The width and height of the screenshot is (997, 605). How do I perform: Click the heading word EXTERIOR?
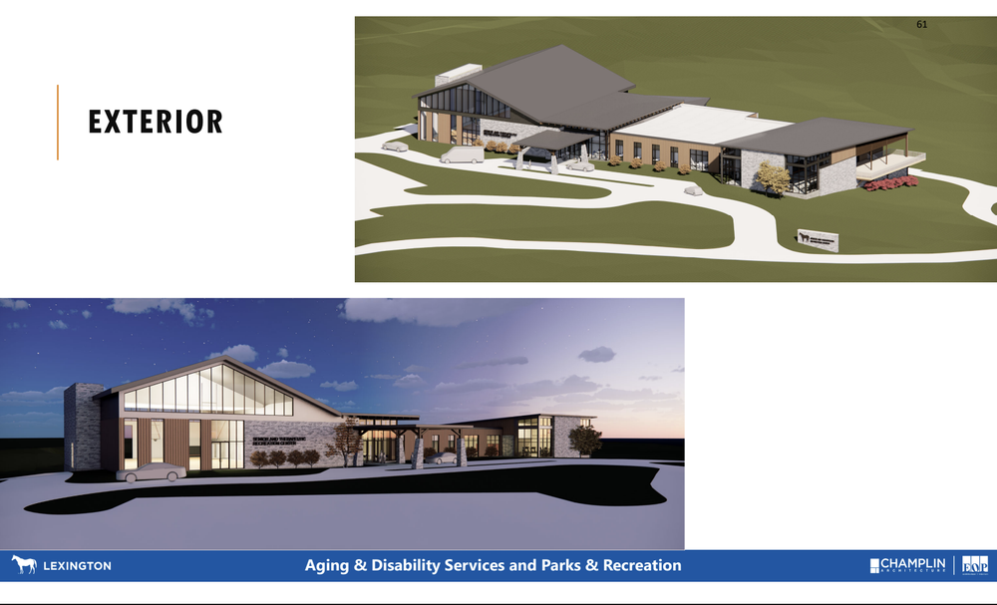click(x=156, y=122)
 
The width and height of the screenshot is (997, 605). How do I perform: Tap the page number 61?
click(x=921, y=24)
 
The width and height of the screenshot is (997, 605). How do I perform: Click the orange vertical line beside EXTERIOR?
click(x=58, y=122)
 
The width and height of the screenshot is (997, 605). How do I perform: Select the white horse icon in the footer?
click(x=22, y=565)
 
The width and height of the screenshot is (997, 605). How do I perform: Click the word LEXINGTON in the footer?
click(x=76, y=566)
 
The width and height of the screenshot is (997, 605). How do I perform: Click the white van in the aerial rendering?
click(x=461, y=154)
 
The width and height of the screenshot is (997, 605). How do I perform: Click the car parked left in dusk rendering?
click(x=151, y=471)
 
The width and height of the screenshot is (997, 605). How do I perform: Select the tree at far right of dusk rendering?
click(x=585, y=440)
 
